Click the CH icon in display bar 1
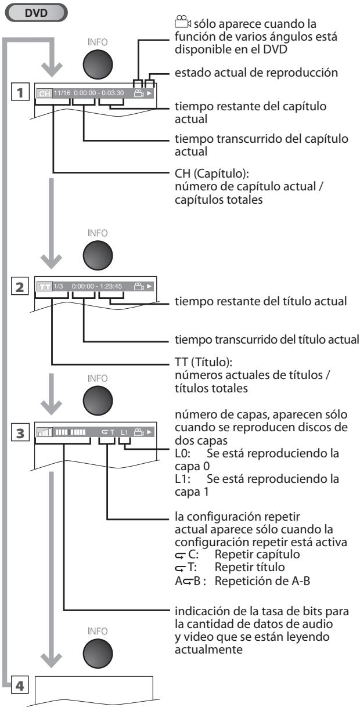[44, 93]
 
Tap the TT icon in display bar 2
[44, 287]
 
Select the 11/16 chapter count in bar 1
[61, 93]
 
